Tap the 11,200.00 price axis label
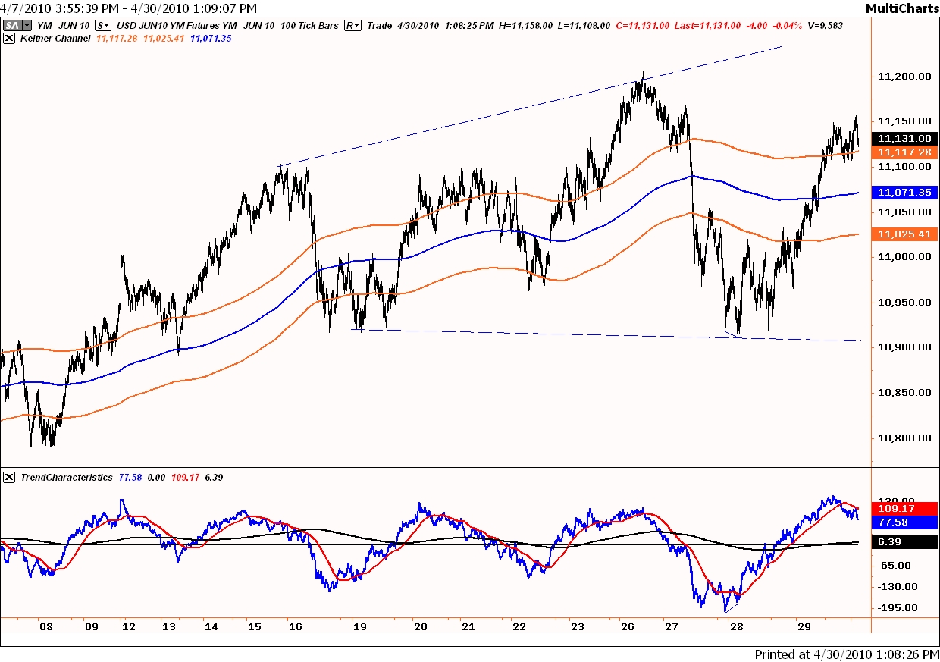pos(904,76)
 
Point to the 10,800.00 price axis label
pos(904,438)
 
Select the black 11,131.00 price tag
pos(904,139)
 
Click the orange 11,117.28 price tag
pos(904,152)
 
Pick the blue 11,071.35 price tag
pos(904,193)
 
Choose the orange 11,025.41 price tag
pos(904,234)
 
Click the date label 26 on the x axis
pos(627,627)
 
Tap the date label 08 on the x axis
pos(46,627)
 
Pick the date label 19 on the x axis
pos(360,627)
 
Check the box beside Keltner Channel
pos(9,37)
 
